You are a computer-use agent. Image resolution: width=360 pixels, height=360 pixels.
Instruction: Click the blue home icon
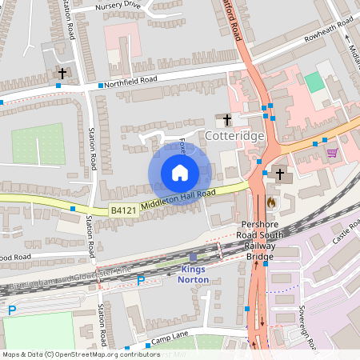[180, 173]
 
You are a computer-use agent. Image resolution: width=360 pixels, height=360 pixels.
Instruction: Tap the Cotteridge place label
[234, 137]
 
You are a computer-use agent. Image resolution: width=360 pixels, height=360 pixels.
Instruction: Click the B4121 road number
[122, 210]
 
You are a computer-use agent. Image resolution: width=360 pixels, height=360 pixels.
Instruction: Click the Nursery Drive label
[117, 6]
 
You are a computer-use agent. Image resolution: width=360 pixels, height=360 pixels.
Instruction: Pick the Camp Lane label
[166, 340]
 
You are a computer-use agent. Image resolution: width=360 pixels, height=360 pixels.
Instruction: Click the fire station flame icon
[271, 203]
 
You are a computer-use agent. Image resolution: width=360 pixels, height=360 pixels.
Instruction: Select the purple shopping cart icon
[332, 153]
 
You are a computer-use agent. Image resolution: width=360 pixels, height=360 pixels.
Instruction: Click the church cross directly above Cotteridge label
[227, 120]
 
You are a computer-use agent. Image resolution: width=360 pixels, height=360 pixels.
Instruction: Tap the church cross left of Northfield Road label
[62, 74]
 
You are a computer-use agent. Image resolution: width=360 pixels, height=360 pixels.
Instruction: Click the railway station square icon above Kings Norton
[192, 258]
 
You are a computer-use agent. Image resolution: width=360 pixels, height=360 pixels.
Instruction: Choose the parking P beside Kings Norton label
[141, 280]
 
